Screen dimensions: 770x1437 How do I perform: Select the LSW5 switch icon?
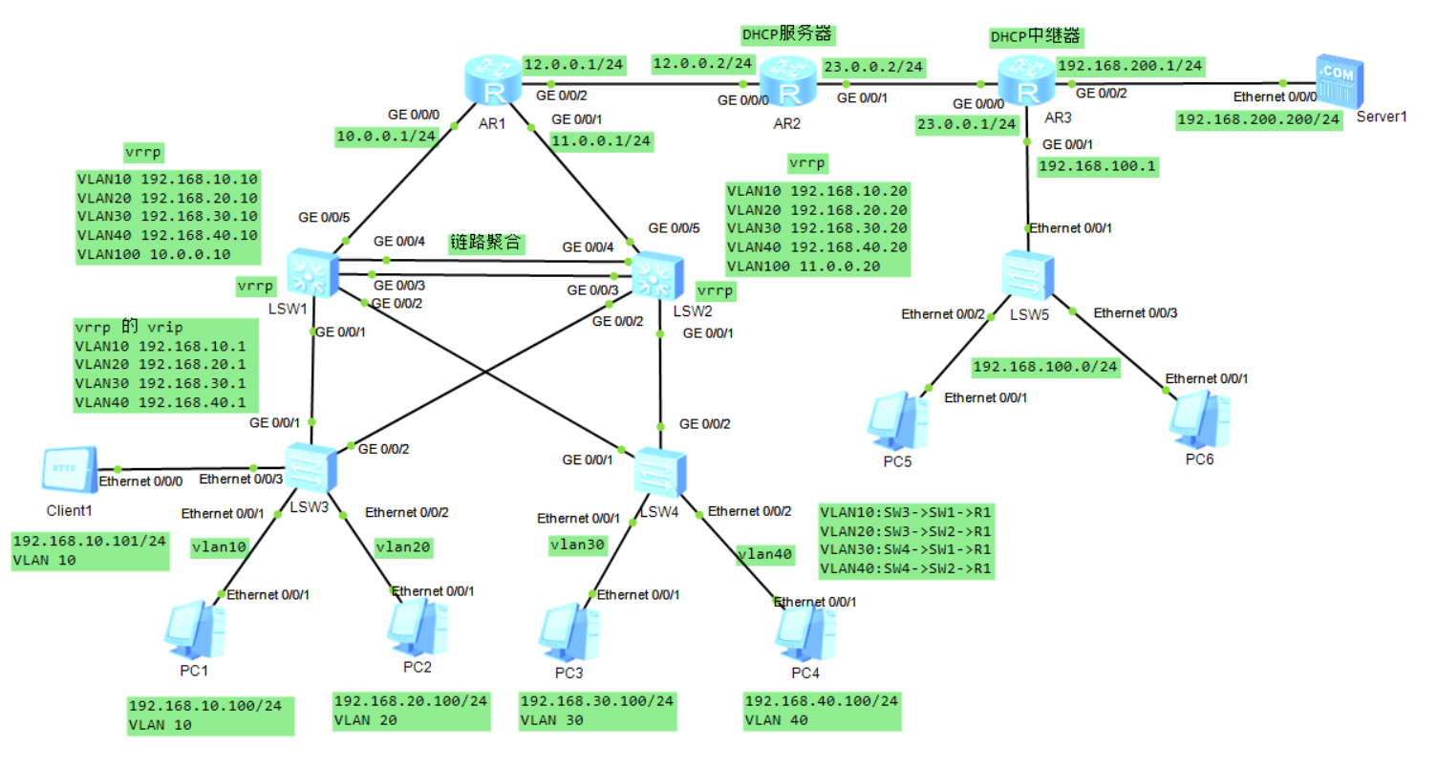[x=1028, y=276]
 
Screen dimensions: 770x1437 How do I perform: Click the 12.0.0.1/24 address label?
[x=573, y=65]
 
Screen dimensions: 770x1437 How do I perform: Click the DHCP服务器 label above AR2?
[x=787, y=34]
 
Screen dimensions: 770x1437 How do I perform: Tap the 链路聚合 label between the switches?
[x=486, y=243]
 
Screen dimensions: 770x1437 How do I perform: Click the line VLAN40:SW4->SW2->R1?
[x=906, y=568]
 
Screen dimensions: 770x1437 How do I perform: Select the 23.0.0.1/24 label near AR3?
[x=965, y=123]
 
